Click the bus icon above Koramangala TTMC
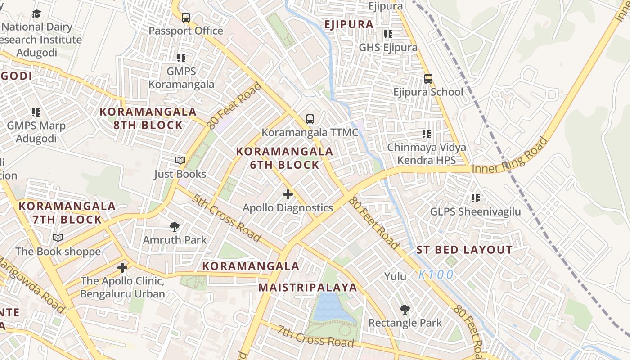310,119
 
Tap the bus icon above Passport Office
185,18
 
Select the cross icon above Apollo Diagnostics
288,194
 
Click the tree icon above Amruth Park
175,227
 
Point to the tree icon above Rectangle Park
405,310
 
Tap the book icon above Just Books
180,161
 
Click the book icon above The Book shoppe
58,238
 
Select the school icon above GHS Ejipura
388,34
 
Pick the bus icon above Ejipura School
428,79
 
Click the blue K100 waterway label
436,274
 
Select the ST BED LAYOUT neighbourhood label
464,250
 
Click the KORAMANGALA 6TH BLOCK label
284,158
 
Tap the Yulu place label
395,276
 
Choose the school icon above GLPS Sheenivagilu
475,198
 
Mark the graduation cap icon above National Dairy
36,13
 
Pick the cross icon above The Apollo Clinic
122,268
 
